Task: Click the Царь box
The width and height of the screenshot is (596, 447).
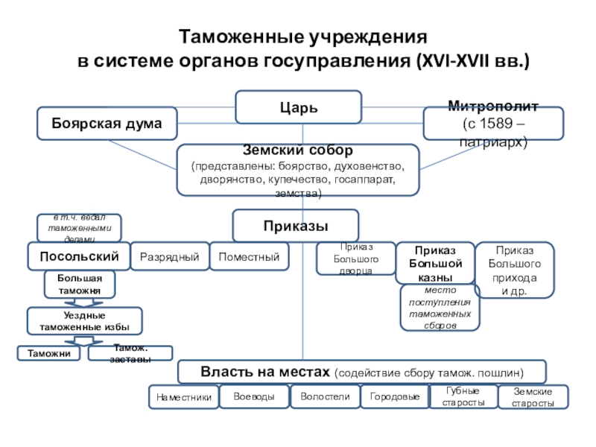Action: (299, 107)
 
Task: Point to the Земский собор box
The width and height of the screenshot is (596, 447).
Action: (298, 171)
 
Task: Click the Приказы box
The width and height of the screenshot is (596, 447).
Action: (296, 225)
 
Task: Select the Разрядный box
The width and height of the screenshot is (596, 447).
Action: (169, 257)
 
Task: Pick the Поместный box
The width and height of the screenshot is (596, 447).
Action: (248, 257)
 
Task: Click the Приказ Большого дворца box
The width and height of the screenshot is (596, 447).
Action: (355, 258)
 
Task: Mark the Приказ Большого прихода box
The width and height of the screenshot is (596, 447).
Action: (514, 270)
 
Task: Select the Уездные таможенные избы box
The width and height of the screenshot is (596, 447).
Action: (84, 321)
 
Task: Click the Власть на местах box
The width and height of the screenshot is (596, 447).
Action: (361, 371)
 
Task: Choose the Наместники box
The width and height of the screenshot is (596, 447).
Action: (183, 398)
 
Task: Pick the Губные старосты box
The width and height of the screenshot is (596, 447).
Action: (463, 397)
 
